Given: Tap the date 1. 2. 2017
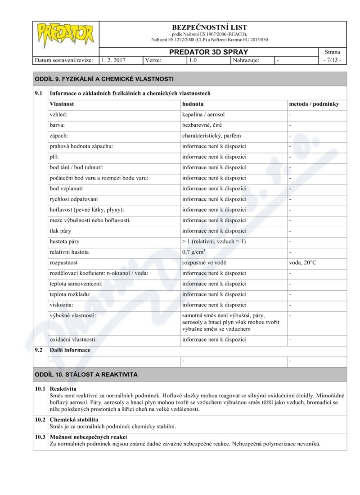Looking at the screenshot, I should click(113, 60).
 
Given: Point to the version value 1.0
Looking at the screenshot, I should click(193, 60).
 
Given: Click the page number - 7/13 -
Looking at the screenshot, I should click(332, 60).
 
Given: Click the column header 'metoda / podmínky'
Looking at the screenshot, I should click(314, 104).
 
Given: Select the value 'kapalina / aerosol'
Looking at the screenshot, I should click(203, 115).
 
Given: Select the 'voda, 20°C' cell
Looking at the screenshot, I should click(302, 262).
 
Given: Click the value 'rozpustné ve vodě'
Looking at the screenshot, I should click(204, 262).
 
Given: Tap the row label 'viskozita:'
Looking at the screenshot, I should click(63, 305).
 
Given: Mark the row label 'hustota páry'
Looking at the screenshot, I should click(64, 241).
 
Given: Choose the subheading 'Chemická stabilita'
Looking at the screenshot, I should click(74, 419).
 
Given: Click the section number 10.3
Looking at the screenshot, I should click(40, 437).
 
